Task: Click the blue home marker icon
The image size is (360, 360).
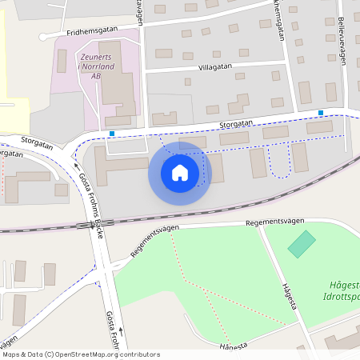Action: coord(180,173)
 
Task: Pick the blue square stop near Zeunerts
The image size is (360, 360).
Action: coord(112,133)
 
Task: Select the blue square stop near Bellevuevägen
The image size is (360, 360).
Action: coord(321,113)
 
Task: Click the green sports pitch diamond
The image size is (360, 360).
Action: coord(302,244)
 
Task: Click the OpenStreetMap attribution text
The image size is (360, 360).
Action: coord(81,354)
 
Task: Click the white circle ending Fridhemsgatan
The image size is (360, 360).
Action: coord(42,36)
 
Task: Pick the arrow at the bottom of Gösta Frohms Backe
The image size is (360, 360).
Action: coord(120,328)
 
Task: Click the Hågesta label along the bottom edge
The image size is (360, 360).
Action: coord(233,346)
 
